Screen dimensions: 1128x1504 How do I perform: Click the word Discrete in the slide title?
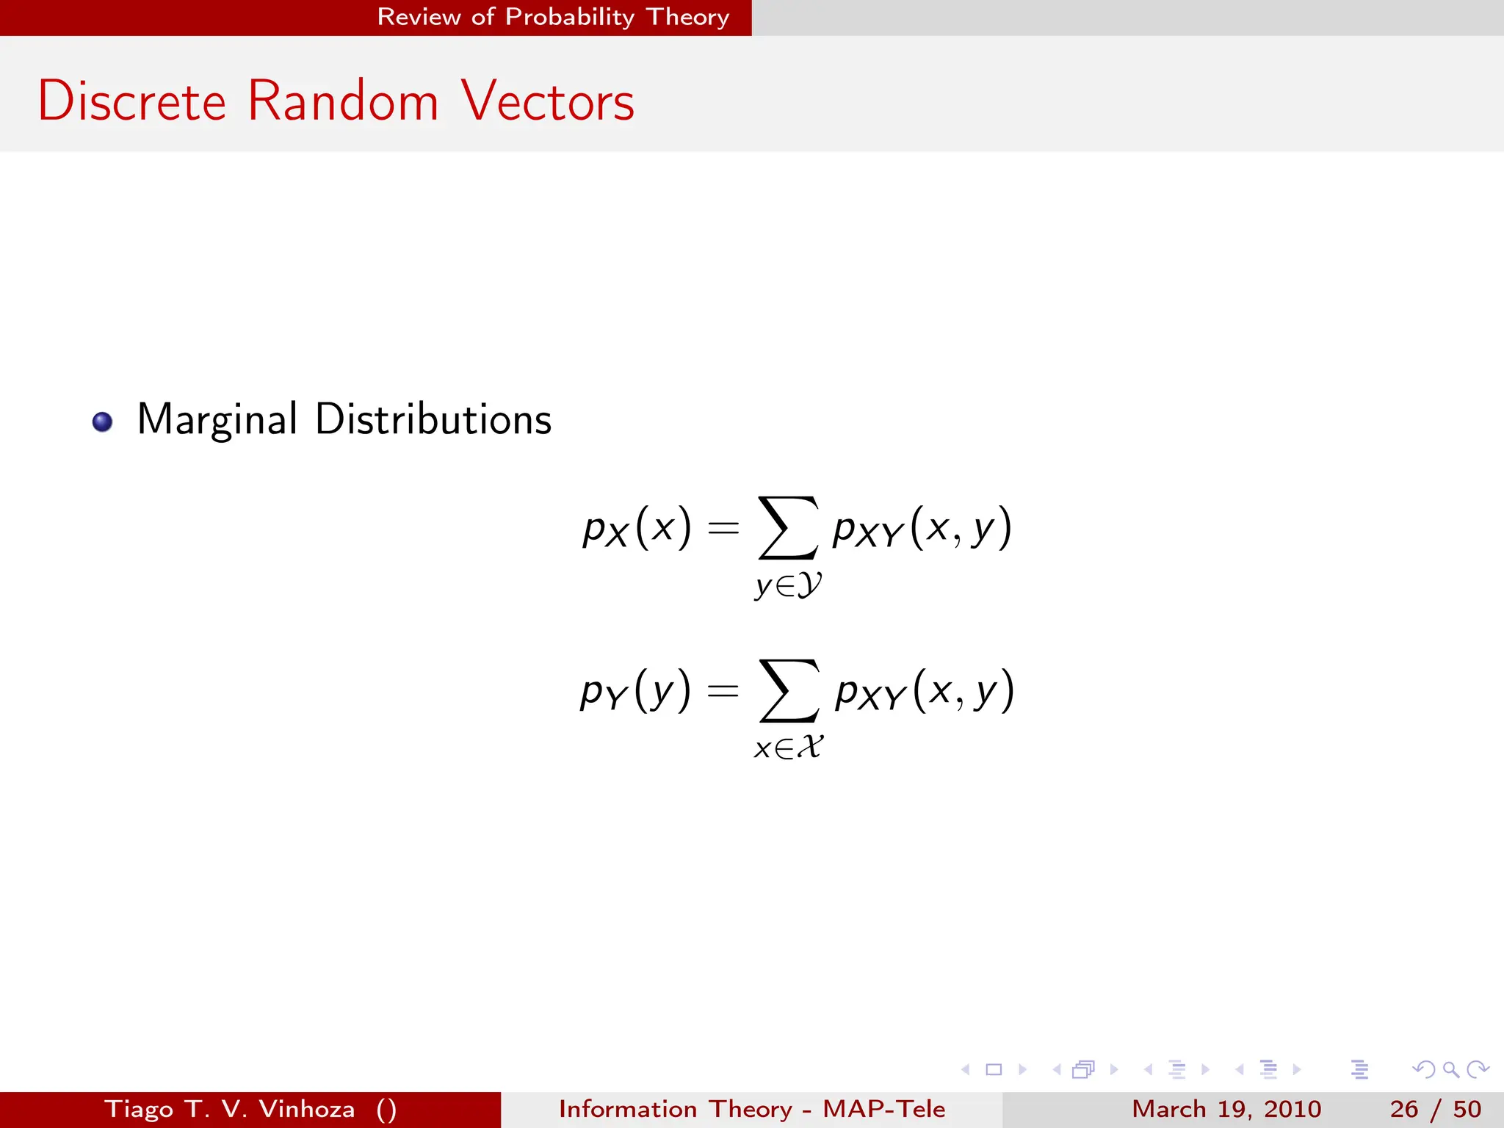132,101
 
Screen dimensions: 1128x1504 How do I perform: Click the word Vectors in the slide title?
548,101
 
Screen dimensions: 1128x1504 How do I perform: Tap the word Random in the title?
343,101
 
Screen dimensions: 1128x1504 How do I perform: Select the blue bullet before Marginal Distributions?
102,422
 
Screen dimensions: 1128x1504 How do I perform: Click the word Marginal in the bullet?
217,420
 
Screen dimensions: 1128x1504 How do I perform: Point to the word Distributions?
433,420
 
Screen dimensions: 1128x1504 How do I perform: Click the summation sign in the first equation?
787,527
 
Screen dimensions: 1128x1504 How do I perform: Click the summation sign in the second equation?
788,690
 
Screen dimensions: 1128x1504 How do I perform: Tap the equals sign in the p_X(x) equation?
723,528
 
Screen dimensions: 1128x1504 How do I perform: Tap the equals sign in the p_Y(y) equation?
723,690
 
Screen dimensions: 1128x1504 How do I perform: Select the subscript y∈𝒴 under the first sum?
788,585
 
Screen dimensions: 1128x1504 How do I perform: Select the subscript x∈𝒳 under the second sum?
789,748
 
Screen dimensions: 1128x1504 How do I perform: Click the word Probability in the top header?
570,17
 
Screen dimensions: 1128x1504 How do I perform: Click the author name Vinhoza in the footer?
307,1109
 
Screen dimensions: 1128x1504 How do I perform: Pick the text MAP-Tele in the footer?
883,1109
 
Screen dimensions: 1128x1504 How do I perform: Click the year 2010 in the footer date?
1292,1109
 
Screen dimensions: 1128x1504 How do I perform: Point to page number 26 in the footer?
1403,1109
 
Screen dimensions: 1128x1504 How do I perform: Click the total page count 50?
1467,1109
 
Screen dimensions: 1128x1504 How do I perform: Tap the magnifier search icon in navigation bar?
1450,1069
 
